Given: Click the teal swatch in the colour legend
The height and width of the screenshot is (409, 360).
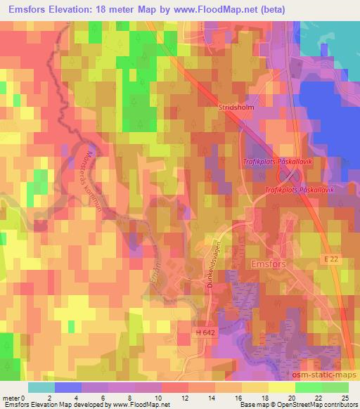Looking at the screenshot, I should click(41, 387).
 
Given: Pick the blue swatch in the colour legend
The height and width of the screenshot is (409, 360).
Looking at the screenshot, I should click(67, 387).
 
